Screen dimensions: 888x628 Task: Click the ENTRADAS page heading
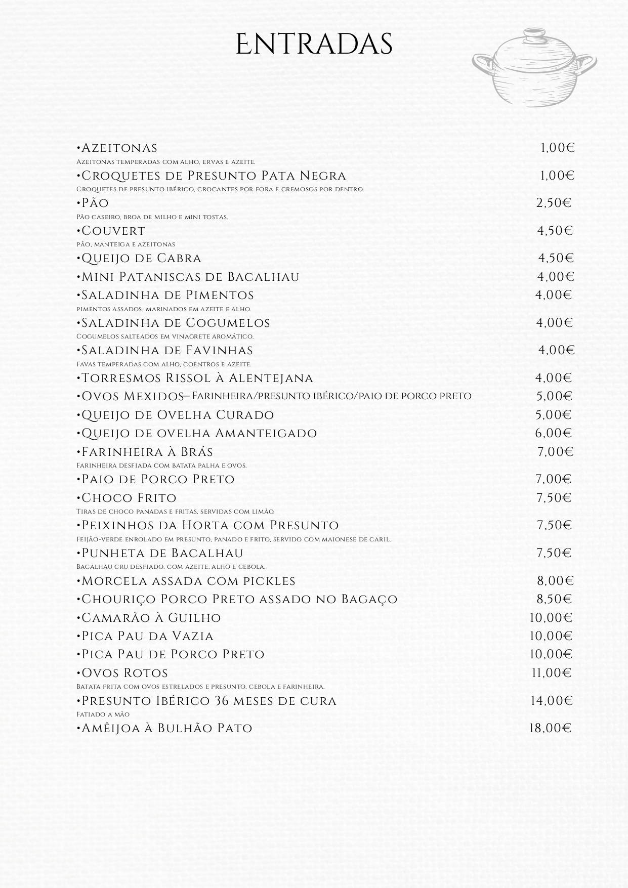[314, 45]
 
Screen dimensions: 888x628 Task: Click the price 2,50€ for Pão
[554, 203]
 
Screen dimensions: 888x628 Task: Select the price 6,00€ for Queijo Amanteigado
[553, 434]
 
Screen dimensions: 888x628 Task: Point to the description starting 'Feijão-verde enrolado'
[233, 539]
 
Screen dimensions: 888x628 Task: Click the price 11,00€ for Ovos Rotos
[551, 673]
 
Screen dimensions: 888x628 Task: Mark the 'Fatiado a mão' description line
[103, 714]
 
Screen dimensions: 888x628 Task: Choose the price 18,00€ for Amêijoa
[550, 729]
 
